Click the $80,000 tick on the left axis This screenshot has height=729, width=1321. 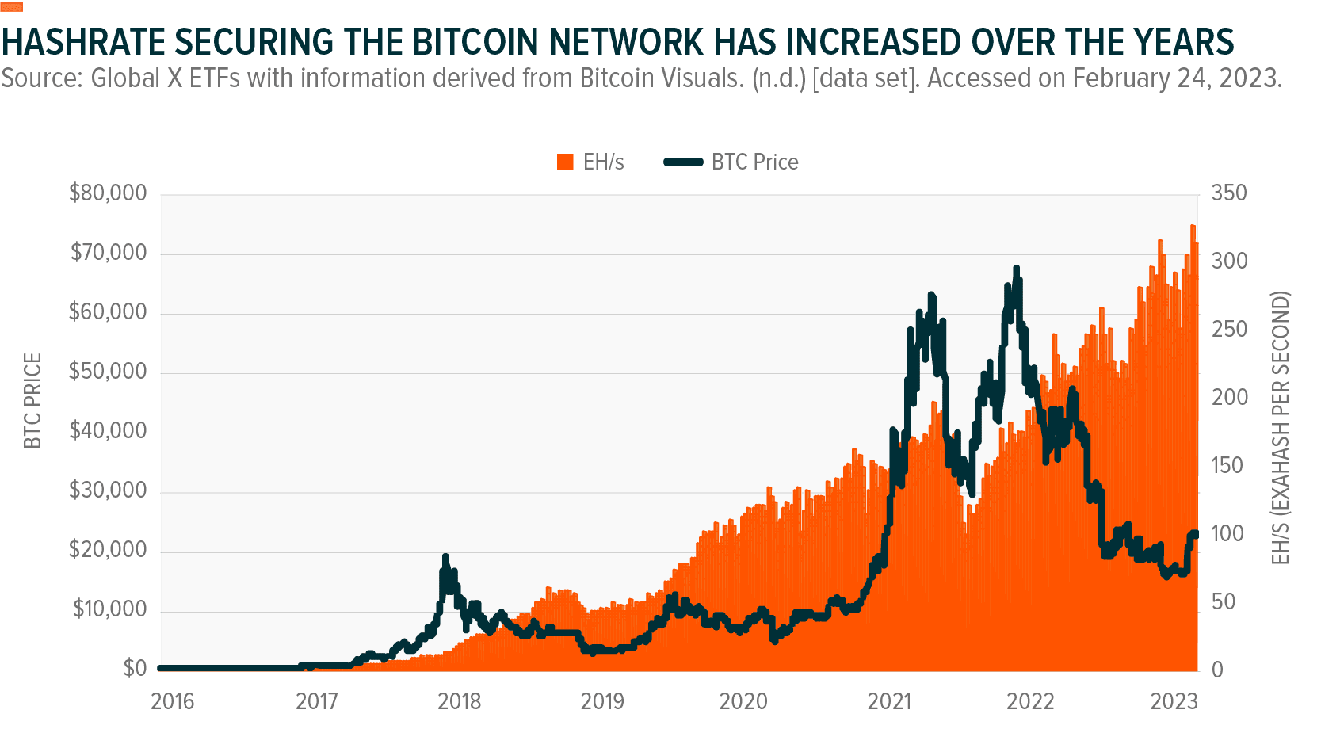pyautogui.click(x=108, y=193)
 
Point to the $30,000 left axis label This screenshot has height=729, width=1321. pyautogui.click(x=108, y=490)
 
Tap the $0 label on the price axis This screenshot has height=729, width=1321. pyautogui.click(x=134, y=669)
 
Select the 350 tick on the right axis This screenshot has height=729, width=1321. pyautogui.click(x=1229, y=193)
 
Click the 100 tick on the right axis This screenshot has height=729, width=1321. pyautogui.click(x=1228, y=533)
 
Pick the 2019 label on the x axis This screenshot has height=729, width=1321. pyautogui.click(x=602, y=701)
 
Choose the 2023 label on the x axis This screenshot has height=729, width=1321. pyautogui.click(x=1174, y=701)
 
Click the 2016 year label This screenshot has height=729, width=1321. pyautogui.click(x=172, y=701)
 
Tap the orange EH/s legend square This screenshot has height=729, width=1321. pyautogui.click(x=565, y=162)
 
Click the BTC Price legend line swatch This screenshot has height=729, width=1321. pyautogui.click(x=683, y=162)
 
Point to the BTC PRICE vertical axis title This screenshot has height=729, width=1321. pyautogui.click(x=32, y=401)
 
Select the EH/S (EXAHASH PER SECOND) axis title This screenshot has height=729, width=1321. pyautogui.click(x=1281, y=428)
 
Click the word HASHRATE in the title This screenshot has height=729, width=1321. pyautogui.click(x=83, y=42)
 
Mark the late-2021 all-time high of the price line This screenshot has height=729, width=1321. pyautogui.click(x=1016, y=269)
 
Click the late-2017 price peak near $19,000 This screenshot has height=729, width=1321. pyautogui.click(x=445, y=557)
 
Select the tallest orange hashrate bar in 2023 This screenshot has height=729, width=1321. pyautogui.click(x=1193, y=227)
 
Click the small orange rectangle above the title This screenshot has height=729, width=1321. pyautogui.click(x=12, y=7)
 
